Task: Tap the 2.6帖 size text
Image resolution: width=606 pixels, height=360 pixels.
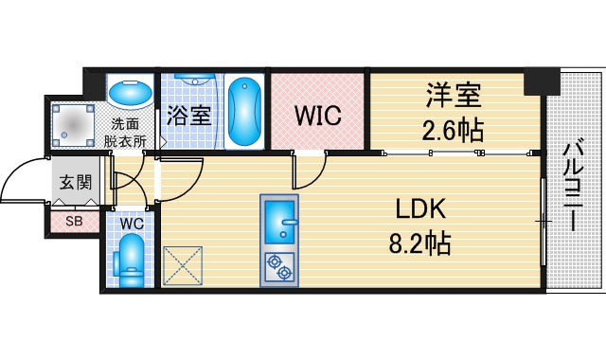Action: pos(453,131)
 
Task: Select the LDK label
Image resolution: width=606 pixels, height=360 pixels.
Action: pos(420,208)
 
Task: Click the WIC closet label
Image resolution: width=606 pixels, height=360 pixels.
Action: pos(318,115)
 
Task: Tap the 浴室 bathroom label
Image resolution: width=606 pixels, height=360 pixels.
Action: pos(189,115)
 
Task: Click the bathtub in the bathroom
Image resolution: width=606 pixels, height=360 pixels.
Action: pos(244,112)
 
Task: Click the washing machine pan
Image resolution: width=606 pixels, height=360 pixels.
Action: pos(73,125)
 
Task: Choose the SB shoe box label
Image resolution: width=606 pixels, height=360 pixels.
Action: pos(74,222)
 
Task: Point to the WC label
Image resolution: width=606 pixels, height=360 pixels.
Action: pos(132,224)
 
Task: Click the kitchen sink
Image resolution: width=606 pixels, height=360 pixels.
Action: pos(279,222)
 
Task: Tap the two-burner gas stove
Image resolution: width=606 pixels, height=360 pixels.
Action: pos(279,267)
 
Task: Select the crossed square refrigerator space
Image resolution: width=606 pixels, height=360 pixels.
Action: pos(183,266)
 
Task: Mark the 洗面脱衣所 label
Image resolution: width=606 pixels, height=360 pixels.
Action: pos(125,133)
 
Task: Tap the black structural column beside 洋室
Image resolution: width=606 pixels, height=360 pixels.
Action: pos(542,81)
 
